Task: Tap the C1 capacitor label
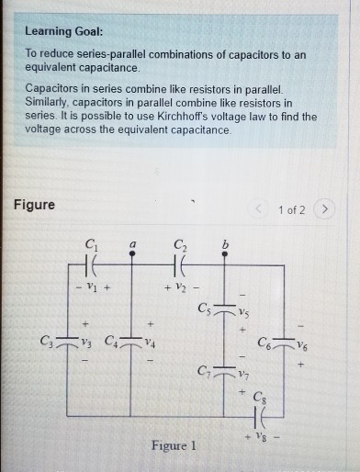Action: click(91, 244)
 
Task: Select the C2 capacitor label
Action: click(180, 244)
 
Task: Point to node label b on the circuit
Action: click(226, 243)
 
